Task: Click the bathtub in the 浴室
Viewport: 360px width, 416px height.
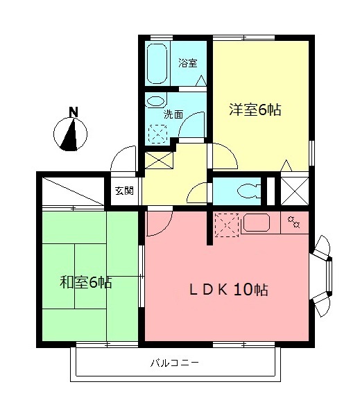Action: [157, 63]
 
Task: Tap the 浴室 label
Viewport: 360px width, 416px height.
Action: [188, 63]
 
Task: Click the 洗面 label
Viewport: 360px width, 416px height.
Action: [173, 114]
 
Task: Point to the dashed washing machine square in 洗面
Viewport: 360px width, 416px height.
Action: [157, 134]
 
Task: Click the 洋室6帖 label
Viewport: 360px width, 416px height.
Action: [255, 110]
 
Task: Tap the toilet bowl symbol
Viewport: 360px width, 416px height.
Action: [249, 191]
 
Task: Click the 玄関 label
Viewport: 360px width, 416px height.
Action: [124, 191]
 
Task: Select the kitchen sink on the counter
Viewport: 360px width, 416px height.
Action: [257, 223]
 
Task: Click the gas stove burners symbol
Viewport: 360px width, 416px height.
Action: [294, 222]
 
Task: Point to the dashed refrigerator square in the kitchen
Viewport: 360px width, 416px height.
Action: [226, 225]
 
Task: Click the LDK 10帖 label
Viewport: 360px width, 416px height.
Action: [228, 289]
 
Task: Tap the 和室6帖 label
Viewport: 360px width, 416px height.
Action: [86, 282]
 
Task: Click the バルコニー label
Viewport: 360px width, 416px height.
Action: [174, 363]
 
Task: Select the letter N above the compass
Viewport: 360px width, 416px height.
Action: [74, 112]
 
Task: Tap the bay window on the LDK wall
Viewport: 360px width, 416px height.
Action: [321, 276]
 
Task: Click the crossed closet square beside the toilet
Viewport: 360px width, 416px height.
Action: [295, 191]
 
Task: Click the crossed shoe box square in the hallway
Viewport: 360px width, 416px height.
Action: [159, 160]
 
